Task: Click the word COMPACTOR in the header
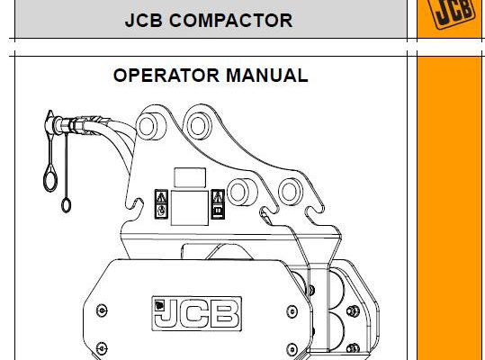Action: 230,21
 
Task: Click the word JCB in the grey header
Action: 144,21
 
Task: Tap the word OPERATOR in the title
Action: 166,76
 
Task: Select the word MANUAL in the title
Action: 267,76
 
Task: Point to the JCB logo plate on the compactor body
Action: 197,313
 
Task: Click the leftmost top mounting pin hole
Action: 148,126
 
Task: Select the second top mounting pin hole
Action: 198,126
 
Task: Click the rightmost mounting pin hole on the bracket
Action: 290,192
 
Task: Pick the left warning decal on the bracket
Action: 161,204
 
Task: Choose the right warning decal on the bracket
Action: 218,204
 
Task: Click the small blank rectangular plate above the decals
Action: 190,177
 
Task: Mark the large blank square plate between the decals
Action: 190,208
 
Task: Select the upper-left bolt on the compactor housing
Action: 102,310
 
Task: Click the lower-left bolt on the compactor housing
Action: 102,348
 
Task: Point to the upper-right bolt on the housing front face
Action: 292,311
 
